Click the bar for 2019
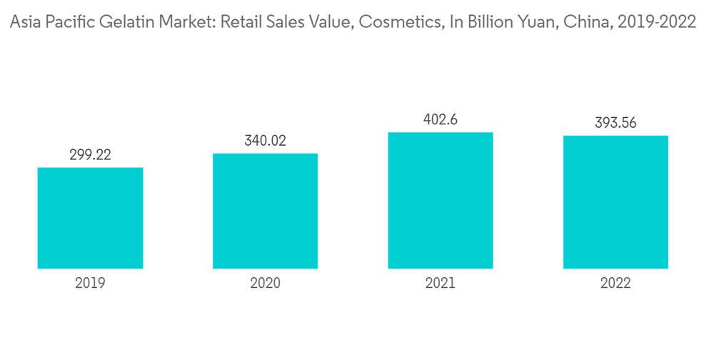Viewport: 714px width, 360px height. [90, 218]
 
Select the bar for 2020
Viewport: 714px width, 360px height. [265, 211]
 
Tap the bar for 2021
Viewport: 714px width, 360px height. [441, 200]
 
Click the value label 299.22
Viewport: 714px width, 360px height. [90, 155]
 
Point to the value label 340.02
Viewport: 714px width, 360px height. [265, 141]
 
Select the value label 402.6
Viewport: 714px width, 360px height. [441, 119]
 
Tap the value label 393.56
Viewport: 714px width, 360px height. [615, 123]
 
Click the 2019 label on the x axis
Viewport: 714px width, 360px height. [90, 284]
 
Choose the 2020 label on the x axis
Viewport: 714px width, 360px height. [265, 284]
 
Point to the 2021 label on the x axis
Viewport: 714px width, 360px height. [441, 284]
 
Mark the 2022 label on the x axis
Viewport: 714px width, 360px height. [615, 284]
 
